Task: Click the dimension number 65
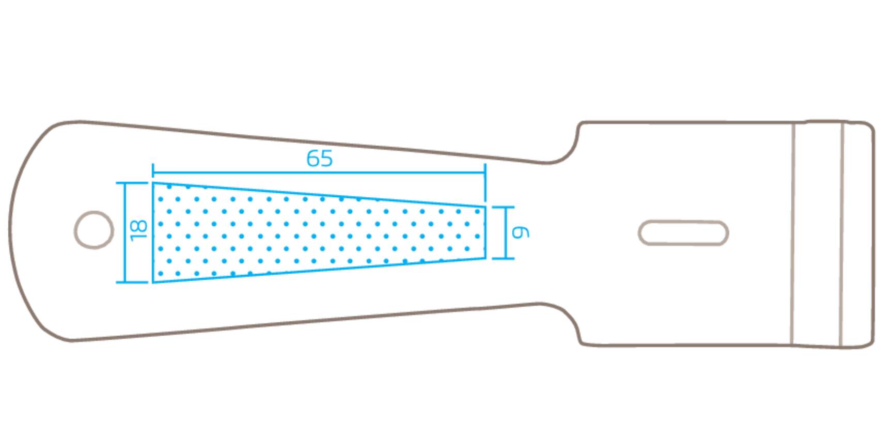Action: [320, 159]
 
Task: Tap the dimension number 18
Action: [138, 231]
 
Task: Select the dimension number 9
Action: [521, 232]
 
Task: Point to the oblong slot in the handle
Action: [683, 233]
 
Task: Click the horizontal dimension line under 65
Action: [320, 173]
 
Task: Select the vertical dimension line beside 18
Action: [124, 232]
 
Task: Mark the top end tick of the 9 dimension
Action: [503, 207]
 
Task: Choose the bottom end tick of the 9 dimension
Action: [503, 258]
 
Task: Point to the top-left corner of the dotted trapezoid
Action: [154, 182]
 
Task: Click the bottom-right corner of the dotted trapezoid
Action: [485, 258]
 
